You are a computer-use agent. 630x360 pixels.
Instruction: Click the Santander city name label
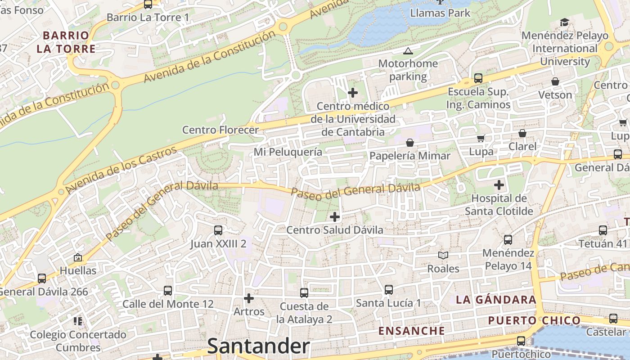coord(258,346)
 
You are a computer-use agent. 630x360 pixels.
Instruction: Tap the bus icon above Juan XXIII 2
coord(218,230)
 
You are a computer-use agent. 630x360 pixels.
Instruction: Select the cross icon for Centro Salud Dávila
coord(335,217)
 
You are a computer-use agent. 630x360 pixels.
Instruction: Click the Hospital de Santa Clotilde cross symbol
coord(499,185)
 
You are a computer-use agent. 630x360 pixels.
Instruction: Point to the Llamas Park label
coord(440,13)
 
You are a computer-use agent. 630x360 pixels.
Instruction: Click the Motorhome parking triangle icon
coord(408,51)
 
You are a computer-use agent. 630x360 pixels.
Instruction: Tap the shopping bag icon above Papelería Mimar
coord(410,143)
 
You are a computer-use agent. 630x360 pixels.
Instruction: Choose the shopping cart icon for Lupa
coord(481,138)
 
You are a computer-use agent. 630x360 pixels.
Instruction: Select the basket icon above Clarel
coord(522,133)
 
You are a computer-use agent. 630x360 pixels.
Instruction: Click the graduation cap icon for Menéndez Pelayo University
coord(564,22)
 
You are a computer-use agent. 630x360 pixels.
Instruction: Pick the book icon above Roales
coord(443,256)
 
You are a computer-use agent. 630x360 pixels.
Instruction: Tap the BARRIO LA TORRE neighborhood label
coord(66,42)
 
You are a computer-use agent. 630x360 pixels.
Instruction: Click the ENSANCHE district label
coord(411,331)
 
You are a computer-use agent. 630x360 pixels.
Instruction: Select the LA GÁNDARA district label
coord(496,300)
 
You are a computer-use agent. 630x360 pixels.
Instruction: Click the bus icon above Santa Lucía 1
coord(389,290)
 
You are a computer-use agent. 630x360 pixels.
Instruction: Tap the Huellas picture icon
coord(78,257)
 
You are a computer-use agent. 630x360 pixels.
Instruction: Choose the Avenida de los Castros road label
coord(121,170)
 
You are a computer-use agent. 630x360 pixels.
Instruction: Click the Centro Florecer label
coord(220,130)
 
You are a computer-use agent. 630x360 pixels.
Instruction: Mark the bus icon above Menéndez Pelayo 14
coord(508,240)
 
